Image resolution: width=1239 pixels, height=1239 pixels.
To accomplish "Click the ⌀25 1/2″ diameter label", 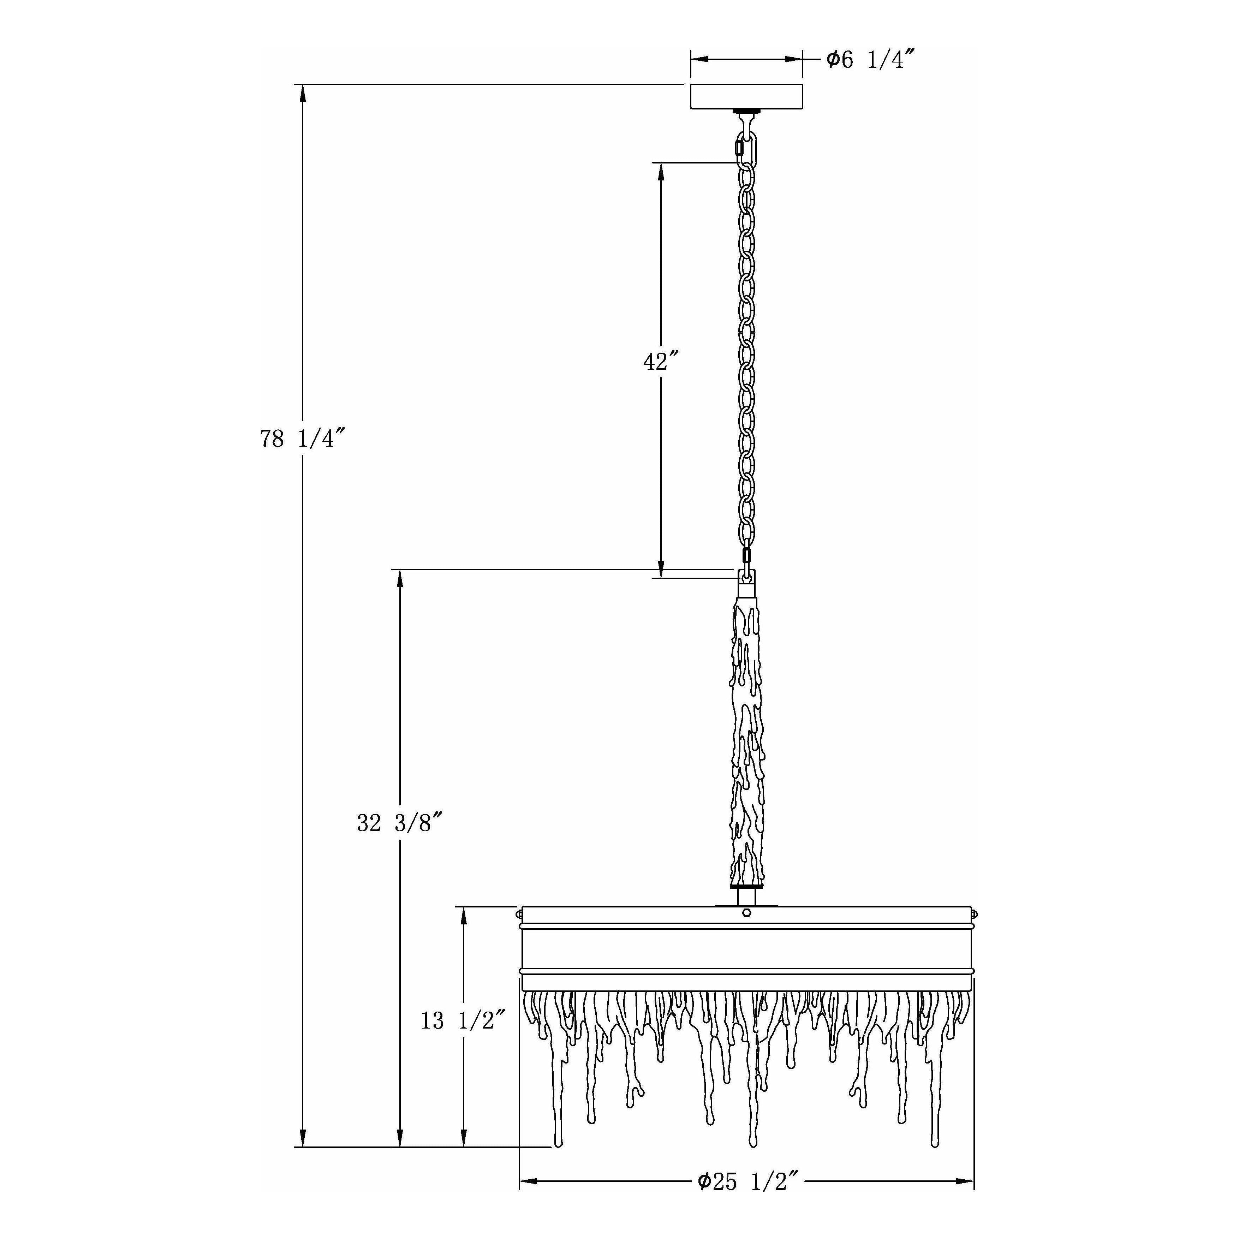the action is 748,1199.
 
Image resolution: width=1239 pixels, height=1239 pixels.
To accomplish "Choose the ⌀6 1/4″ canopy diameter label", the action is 869,60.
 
